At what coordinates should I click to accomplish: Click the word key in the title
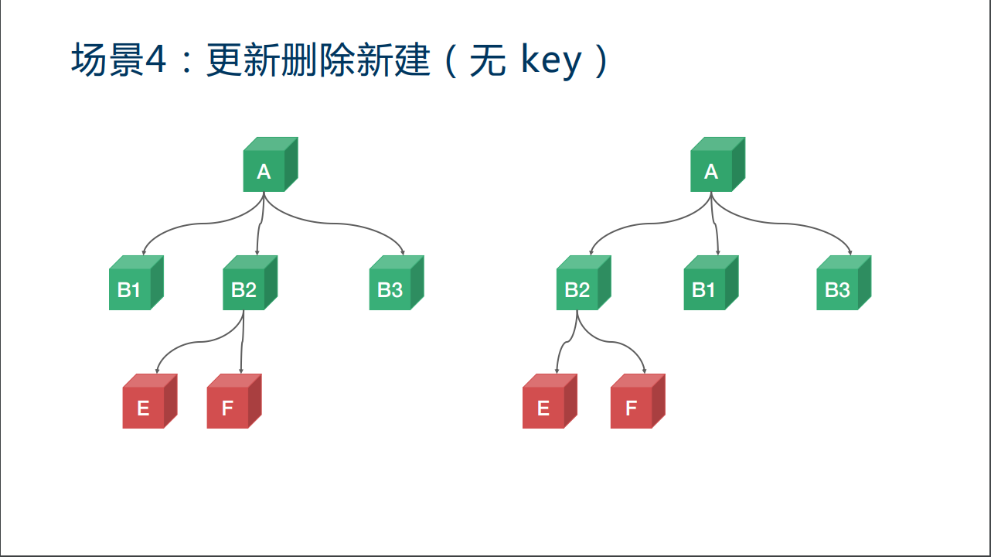tap(551, 62)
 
